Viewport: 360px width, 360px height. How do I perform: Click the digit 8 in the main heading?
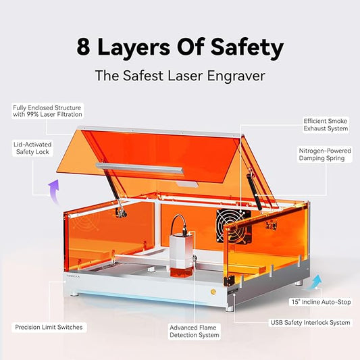coord(84,48)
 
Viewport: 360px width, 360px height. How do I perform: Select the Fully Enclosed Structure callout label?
coord(45,111)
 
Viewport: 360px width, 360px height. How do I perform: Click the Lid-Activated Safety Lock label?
coord(33,148)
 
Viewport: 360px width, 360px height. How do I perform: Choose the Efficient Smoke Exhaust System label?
coord(326,124)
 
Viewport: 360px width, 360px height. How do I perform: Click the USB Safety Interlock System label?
coord(310,323)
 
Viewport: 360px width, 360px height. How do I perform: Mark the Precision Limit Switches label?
coord(49,327)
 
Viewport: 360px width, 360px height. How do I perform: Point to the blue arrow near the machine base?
coord(315,280)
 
